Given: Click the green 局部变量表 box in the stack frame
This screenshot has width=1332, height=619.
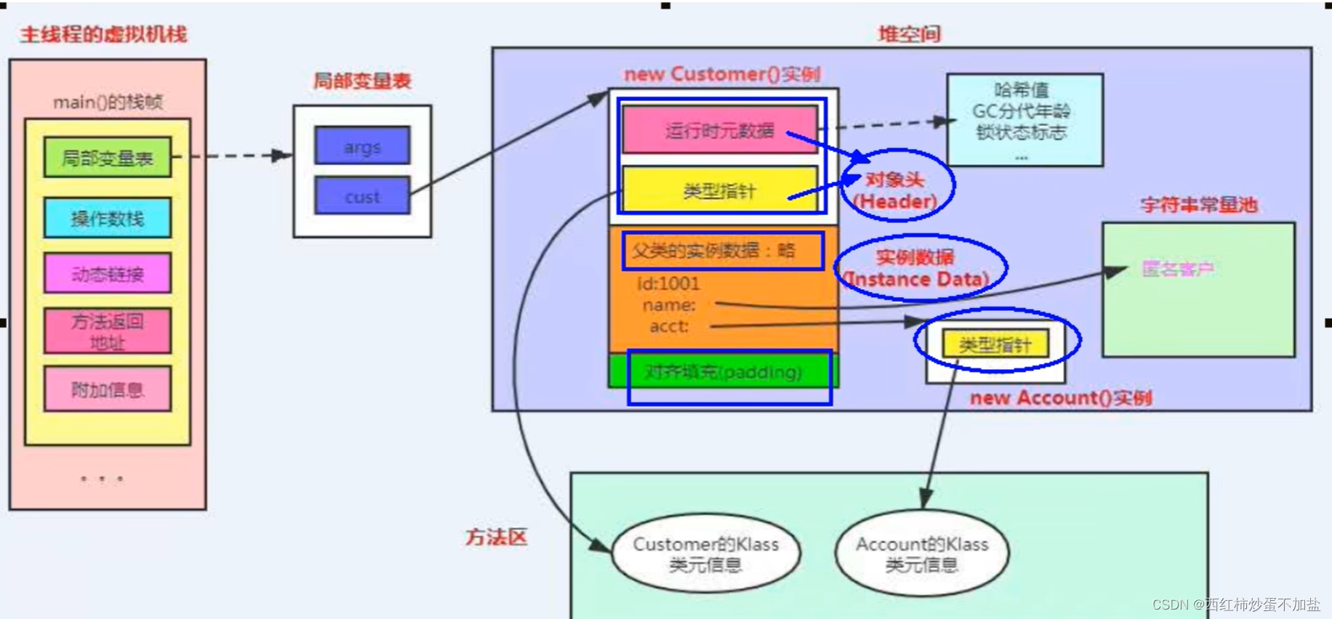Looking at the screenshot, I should pyautogui.click(x=107, y=158).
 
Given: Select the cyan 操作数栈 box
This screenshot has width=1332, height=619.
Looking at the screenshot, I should pyautogui.click(x=107, y=218).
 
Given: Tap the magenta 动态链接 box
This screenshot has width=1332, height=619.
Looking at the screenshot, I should pyautogui.click(x=107, y=274).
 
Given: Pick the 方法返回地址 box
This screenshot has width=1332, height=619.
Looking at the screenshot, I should pyautogui.click(x=107, y=331).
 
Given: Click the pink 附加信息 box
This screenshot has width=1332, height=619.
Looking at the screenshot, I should pyautogui.click(x=107, y=389).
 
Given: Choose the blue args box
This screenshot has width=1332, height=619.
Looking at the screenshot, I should pyautogui.click(x=362, y=147).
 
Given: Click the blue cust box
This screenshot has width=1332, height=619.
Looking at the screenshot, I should pyautogui.click(x=362, y=196).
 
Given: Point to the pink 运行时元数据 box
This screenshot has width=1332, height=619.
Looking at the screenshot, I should pyautogui.click(x=719, y=130).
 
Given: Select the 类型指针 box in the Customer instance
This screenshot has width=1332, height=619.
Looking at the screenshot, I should pyautogui.click(x=719, y=190).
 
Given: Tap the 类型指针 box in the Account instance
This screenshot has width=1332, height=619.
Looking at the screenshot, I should pyautogui.click(x=995, y=344).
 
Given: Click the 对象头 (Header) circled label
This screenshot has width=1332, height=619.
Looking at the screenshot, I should pyautogui.click(x=896, y=190).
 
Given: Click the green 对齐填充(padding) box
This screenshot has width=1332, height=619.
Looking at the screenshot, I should pyautogui.click(x=723, y=372).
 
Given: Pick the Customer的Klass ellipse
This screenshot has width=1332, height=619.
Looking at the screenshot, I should pyautogui.click(x=705, y=554).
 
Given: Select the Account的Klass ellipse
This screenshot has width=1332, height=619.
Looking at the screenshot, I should pyautogui.click(x=921, y=554).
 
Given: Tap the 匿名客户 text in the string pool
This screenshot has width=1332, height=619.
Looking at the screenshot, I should pyautogui.click(x=1178, y=270).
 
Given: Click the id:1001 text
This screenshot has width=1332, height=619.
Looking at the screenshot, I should pyautogui.click(x=667, y=283).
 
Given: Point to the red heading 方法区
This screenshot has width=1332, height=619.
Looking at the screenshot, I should pyautogui.click(x=496, y=538).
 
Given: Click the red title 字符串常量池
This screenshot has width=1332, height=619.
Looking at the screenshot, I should pyautogui.click(x=1198, y=205).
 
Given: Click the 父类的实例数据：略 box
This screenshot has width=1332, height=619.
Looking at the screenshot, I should pyautogui.click(x=722, y=251).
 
